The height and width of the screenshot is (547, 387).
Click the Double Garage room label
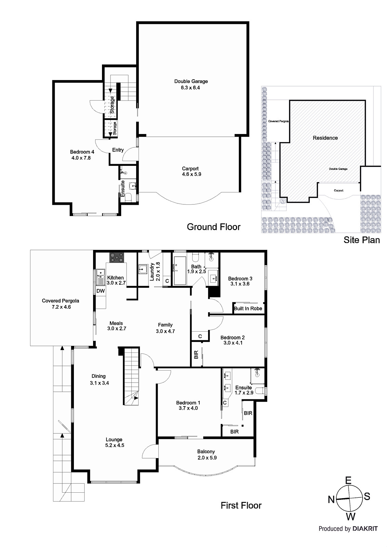191,81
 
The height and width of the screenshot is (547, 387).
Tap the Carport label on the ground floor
190,169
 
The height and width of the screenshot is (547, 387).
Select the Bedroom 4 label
82,152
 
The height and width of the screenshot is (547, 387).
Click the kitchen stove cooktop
117,257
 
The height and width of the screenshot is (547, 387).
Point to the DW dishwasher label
101,291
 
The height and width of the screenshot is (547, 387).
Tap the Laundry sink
143,269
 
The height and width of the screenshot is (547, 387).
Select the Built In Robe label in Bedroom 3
248,308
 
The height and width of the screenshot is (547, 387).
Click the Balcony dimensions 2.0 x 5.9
207,458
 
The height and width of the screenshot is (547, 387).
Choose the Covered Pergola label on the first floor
60,301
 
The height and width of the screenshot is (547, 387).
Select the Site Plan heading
362,240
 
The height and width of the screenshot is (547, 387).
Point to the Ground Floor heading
214,227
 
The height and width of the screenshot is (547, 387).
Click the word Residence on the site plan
325,138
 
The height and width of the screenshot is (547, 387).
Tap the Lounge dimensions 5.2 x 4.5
115,445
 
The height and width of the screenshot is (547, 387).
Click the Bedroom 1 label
188,403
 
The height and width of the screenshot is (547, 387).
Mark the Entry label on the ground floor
118,150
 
